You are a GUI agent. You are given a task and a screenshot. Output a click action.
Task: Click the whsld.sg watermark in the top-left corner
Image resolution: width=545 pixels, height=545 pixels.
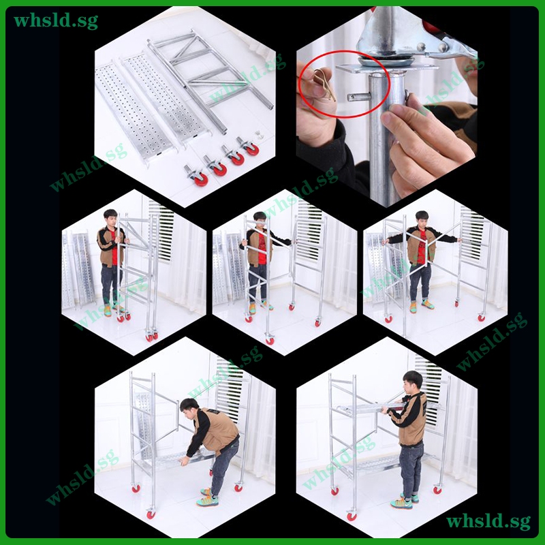56,20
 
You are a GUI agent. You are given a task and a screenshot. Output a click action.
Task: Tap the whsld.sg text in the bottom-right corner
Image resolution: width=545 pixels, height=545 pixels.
488,521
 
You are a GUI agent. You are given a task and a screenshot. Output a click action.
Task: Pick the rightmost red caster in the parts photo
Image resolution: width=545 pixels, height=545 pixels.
249,146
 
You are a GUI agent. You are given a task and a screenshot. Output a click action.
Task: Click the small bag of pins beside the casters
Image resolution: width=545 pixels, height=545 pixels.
259,134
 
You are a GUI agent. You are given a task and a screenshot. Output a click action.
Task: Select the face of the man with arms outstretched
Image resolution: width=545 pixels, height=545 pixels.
422,220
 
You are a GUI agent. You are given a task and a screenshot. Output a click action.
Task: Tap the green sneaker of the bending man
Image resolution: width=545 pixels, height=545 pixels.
208,501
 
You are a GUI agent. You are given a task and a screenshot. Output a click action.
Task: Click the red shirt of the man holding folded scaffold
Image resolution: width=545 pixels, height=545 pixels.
114,247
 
